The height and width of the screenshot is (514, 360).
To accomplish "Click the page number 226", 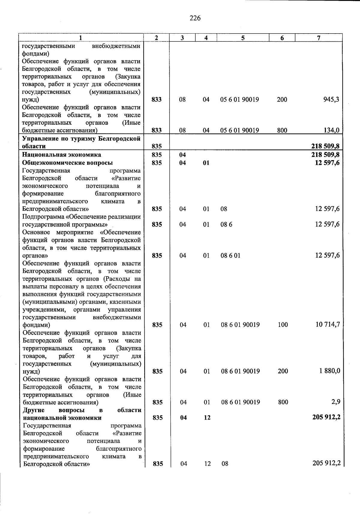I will pyautogui.click(x=195, y=18).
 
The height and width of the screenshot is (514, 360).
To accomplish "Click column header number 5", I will pyautogui.click(x=243, y=38).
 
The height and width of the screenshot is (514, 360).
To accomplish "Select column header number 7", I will pyautogui.click(x=319, y=38).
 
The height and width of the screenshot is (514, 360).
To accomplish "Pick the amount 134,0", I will pyautogui.click(x=331, y=130).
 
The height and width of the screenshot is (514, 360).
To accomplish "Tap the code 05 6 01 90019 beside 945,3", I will pyautogui.click(x=239, y=100).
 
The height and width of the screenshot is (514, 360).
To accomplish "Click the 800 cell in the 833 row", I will pyautogui.click(x=282, y=130).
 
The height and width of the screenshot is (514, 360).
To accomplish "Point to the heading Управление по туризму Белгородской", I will pyautogui.click(x=81, y=139).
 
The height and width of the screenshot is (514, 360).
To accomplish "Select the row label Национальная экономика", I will pyautogui.click(x=61, y=155).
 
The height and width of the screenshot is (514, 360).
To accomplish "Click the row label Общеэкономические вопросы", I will pyautogui.click(x=67, y=163).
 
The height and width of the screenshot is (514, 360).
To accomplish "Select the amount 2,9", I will pyautogui.click(x=336, y=402).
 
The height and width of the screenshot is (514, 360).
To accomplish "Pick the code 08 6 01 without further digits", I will pyautogui.click(x=230, y=256).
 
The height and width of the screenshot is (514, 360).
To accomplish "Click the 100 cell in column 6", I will pyautogui.click(x=283, y=325).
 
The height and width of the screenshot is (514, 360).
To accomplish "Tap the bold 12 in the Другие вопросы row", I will pyautogui.click(x=207, y=417).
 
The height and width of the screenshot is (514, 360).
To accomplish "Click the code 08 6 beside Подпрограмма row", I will pyautogui.click(x=226, y=225).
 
